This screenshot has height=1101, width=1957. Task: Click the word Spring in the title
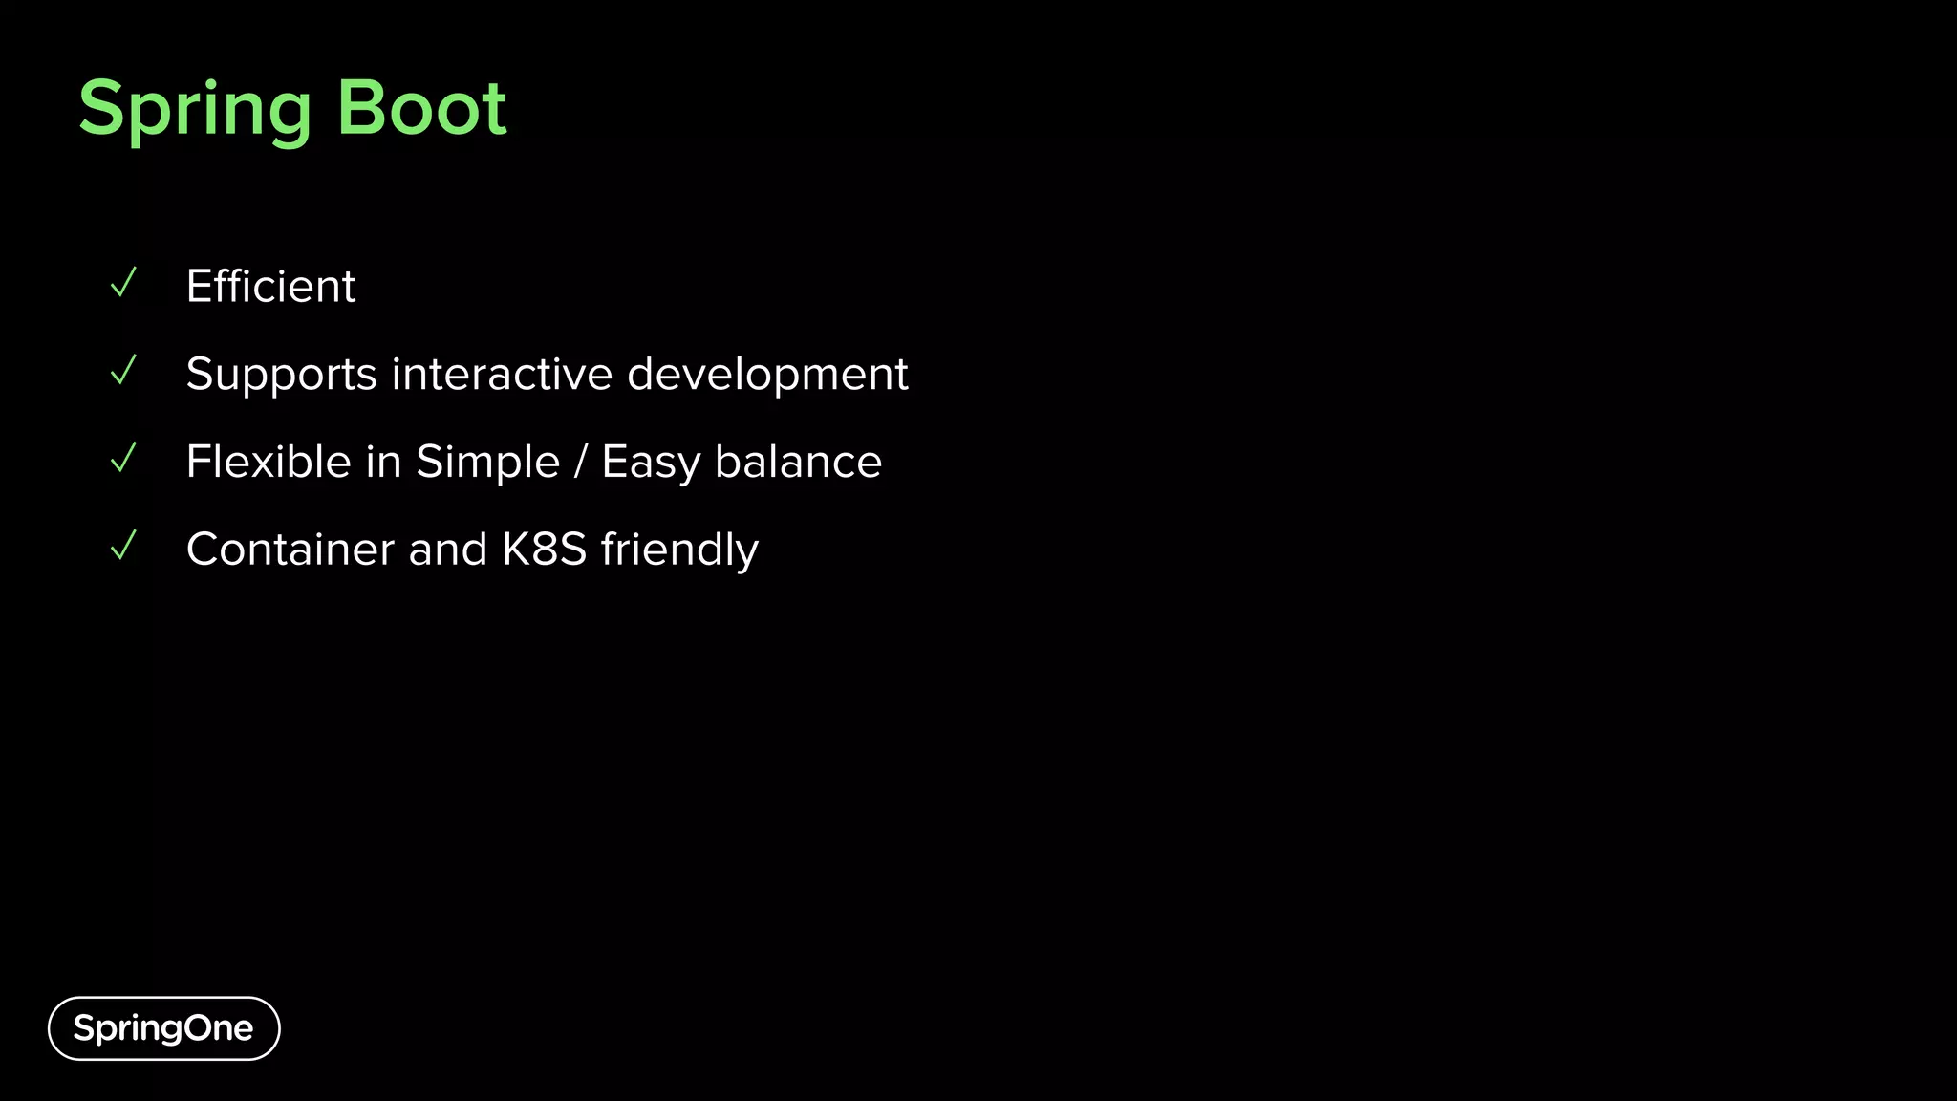tap(195, 109)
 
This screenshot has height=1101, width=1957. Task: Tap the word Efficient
tap(270, 286)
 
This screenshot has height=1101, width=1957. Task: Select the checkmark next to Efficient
tap(124, 283)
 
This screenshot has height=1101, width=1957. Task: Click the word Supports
tap(281, 374)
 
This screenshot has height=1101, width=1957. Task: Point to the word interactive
tap(502, 374)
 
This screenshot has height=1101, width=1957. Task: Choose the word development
tap(767, 374)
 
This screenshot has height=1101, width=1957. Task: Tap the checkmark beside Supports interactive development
tap(124, 371)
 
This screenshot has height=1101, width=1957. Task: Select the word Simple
tap(487, 462)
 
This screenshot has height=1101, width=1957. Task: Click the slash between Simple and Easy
tap(580, 462)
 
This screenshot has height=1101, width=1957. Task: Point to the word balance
tap(798, 462)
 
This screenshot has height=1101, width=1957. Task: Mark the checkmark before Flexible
tap(124, 459)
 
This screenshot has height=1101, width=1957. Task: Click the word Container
tap(290, 550)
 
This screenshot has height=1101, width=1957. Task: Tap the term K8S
tap(544, 550)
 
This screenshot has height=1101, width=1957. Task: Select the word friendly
tap(679, 550)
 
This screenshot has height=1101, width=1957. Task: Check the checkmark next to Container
tap(124, 547)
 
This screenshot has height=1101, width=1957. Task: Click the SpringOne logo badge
tap(163, 1028)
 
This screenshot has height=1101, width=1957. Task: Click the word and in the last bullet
tap(447, 550)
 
